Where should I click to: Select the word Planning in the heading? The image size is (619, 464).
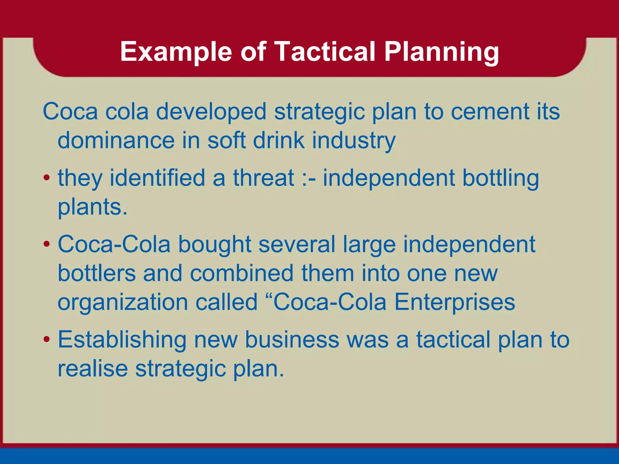coord(441,52)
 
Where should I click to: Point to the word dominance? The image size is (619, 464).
coord(116,140)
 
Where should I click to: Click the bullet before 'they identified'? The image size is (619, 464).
coord(46,178)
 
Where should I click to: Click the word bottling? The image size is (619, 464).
coord(501,178)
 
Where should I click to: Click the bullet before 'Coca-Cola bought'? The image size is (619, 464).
coord(46,244)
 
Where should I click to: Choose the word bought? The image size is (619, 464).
coord(215,244)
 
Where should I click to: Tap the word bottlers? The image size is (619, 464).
coord(96,273)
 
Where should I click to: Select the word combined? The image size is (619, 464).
coord(242,273)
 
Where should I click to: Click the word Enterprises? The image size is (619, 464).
coord(455,302)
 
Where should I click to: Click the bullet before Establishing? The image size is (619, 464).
coord(46,339)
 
